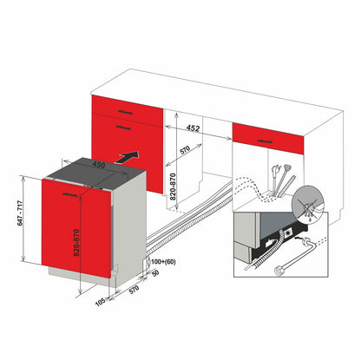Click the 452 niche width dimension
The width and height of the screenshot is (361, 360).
point(193,128)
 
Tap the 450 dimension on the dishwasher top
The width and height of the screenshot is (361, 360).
point(98,165)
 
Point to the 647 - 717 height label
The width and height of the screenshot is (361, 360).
point(20,213)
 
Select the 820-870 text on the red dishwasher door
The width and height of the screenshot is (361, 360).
point(75,242)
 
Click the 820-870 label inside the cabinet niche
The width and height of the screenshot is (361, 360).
point(173,187)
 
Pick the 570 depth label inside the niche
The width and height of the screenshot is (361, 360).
point(184,150)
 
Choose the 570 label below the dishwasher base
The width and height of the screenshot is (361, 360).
point(134,289)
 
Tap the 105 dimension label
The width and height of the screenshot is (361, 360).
point(100,302)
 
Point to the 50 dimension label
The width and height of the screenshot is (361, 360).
point(155,273)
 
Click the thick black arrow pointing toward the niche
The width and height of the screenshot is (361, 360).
point(127,157)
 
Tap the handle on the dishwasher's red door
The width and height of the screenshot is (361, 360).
point(70,195)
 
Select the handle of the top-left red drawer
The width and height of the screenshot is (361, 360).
point(125,112)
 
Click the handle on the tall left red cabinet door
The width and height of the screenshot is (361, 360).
point(123,128)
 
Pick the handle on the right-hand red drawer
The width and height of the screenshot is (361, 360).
point(266,141)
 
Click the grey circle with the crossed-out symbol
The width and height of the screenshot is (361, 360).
point(307,203)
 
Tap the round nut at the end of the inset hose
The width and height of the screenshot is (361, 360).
point(279,271)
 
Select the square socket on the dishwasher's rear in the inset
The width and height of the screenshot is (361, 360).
point(289,232)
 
